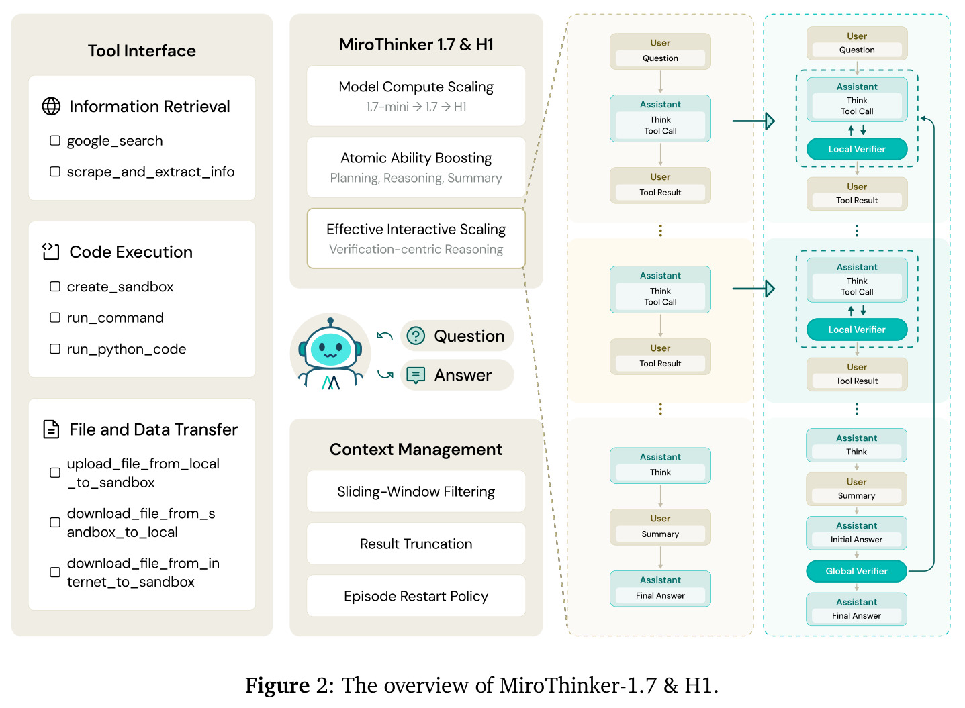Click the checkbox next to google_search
(x=54, y=141)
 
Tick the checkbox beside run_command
(x=54, y=318)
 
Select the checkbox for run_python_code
(x=54, y=349)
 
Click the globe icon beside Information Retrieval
(x=51, y=106)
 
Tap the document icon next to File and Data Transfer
(x=51, y=429)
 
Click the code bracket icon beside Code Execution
(x=51, y=252)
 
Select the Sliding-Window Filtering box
(x=416, y=491)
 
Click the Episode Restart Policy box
(x=416, y=596)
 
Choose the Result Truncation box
(x=416, y=544)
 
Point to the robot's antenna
(x=330, y=322)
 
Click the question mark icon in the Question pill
(x=416, y=336)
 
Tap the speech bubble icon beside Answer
(x=416, y=375)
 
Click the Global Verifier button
(x=857, y=572)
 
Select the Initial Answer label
(x=856, y=540)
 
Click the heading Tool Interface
(x=142, y=51)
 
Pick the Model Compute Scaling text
(x=416, y=87)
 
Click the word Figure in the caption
(x=277, y=685)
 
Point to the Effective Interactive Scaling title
(x=416, y=230)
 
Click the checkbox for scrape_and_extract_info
(x=54, y=172)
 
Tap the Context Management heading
(x=416, y=450)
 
